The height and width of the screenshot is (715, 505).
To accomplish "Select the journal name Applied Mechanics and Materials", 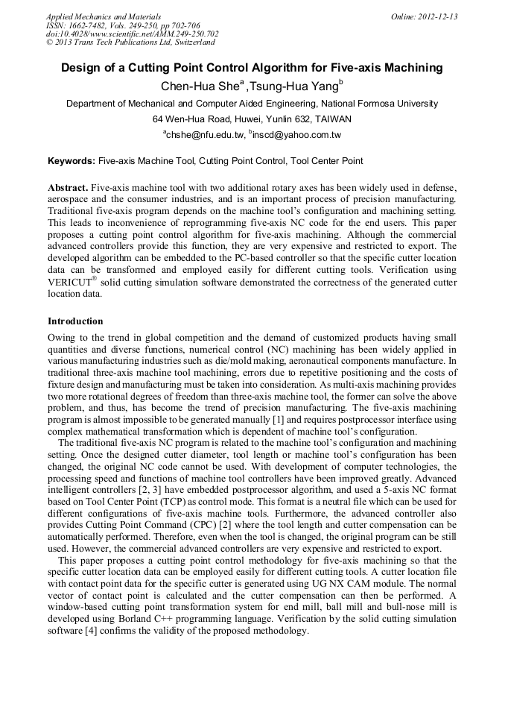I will [x=104, y=16].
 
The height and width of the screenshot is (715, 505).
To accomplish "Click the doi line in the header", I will [x=132, y=34].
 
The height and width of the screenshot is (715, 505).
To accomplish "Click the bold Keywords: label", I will [x=72, y=160].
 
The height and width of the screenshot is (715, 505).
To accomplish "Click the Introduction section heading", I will [x=75, y=321].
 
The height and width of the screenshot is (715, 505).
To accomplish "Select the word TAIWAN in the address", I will [x=332, y=119].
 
